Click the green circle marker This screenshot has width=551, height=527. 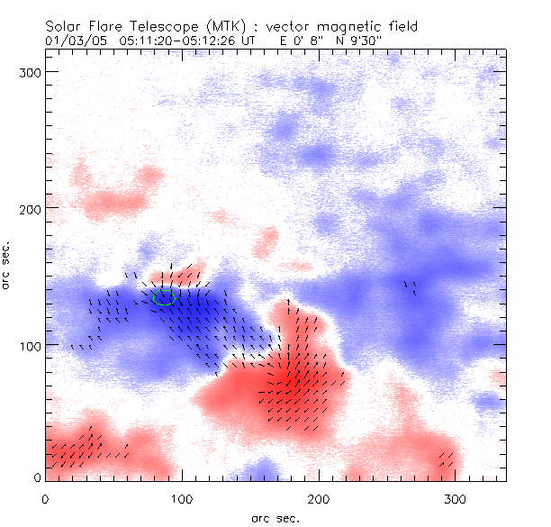click(163, 297)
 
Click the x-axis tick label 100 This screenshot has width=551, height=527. click(182, 498)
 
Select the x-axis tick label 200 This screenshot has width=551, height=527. click(319, 498)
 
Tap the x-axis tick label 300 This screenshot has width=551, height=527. click(456, 498)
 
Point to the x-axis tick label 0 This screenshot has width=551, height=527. click(45, 498)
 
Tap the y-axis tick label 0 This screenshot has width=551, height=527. click(35, 477)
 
